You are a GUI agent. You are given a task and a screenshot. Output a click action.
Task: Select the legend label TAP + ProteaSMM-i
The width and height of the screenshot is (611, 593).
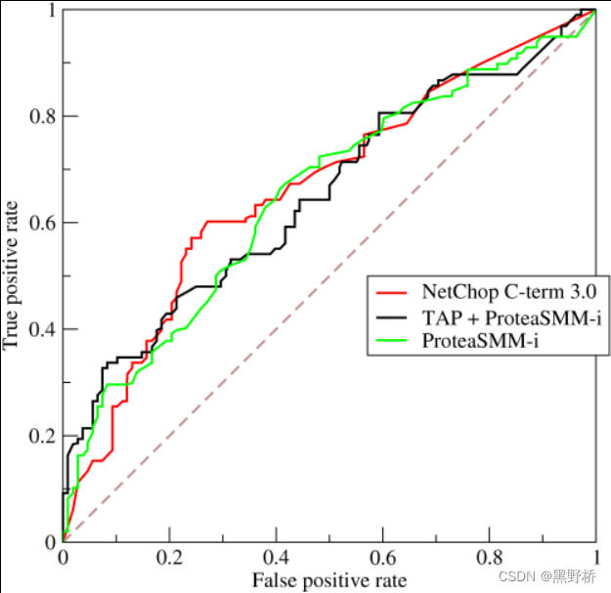point(509,317)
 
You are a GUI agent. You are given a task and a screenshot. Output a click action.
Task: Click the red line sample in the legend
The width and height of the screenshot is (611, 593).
point(394,291)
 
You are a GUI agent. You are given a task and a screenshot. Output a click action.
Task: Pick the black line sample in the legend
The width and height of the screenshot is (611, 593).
point(394,317)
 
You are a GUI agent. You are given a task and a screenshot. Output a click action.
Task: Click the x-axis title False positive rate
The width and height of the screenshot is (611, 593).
point(329,580)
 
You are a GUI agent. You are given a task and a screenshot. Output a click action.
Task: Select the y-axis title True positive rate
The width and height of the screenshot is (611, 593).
point(13,275)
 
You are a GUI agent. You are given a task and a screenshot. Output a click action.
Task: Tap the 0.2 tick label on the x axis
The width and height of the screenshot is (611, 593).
point(169,559)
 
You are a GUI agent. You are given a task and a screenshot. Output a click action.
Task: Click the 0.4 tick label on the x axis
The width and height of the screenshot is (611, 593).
point(276,559)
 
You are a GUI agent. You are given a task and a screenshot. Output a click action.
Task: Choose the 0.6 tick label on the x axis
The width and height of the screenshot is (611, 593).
point(382,559)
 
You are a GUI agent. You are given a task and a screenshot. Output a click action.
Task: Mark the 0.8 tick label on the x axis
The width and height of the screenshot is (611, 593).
point(489,559)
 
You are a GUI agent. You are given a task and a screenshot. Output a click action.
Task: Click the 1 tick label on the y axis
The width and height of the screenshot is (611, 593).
point(48,11)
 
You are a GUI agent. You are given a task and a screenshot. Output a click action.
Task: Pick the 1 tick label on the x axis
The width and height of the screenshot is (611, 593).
point(595,559)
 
